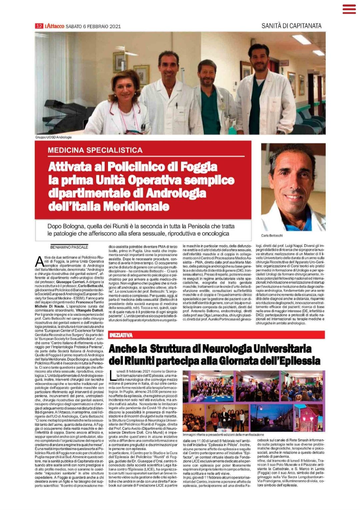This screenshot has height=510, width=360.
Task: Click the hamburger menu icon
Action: (349, 9)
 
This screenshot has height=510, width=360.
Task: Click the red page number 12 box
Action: (39, 26)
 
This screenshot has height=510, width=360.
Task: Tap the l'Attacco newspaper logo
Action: (54, 26)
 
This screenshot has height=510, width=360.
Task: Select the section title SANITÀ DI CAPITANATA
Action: (291, 26)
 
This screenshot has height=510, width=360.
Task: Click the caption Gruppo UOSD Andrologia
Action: (53, 137)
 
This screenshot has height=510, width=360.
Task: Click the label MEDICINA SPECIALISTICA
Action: (95, 150)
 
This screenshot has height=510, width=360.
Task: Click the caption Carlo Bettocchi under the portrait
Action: (272, 236)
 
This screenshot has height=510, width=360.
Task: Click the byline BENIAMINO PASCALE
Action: (69, 247)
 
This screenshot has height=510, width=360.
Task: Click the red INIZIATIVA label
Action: (121, 335)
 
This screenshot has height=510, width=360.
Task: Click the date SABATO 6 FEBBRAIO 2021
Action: (93, 26)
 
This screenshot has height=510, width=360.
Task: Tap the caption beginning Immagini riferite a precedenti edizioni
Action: (223, 434)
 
